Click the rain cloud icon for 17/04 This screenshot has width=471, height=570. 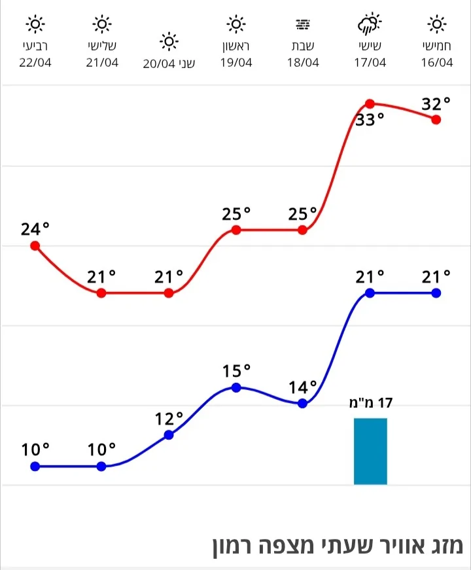pyautogui.click(x=369, y=24)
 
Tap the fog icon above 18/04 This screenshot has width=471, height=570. pyautogui.click(x=302, y=25)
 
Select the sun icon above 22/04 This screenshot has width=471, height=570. pyautogui.click(x=35, y=25)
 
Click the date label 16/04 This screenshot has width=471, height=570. pyautogui.click(x=436, y=63)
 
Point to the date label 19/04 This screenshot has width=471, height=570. pyautogui.click(x=235, y=63)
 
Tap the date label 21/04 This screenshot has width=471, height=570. pyautogui.click(x=101, y=63)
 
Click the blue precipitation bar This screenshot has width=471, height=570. pyautogui.click(x=370, y=451)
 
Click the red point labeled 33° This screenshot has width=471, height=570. pyautogui.click(x=370, y=103)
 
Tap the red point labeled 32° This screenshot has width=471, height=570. pyautogui.click(x=436, y=119)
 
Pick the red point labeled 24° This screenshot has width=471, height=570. pyautogui.click(x=35, y=246)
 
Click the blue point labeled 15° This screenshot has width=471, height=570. pyautogui.click(x=236, y=387)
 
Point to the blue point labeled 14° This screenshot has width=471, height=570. pyautogui.click(x=302, y=403)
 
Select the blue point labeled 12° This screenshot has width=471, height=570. pyautogui.click(x=169, y=435)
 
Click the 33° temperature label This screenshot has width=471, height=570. pyautogui.click(x=370, y=120)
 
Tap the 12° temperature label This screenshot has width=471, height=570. pyautogui.click(x=169, y=418)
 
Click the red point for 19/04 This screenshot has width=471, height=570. pyautogui.click(x=236, y=230)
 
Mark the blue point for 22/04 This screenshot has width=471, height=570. pyautogui.click(x=35, y=466)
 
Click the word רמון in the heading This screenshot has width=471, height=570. pyautogui.click(x=238, y=546)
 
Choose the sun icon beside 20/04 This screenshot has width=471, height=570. pyautogui.click(x=169, y=43)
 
